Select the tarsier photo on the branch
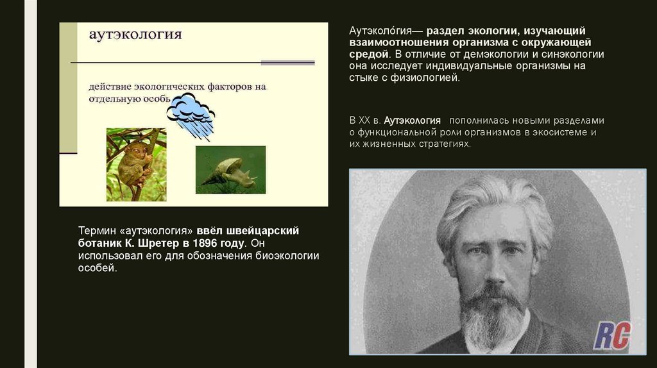(136, 165)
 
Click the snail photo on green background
(230, 170)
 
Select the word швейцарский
(264, 230)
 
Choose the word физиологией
(432, 78)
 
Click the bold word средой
(368, 54)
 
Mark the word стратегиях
(443, 144)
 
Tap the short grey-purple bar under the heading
(287, 63)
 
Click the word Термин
(96, 230)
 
